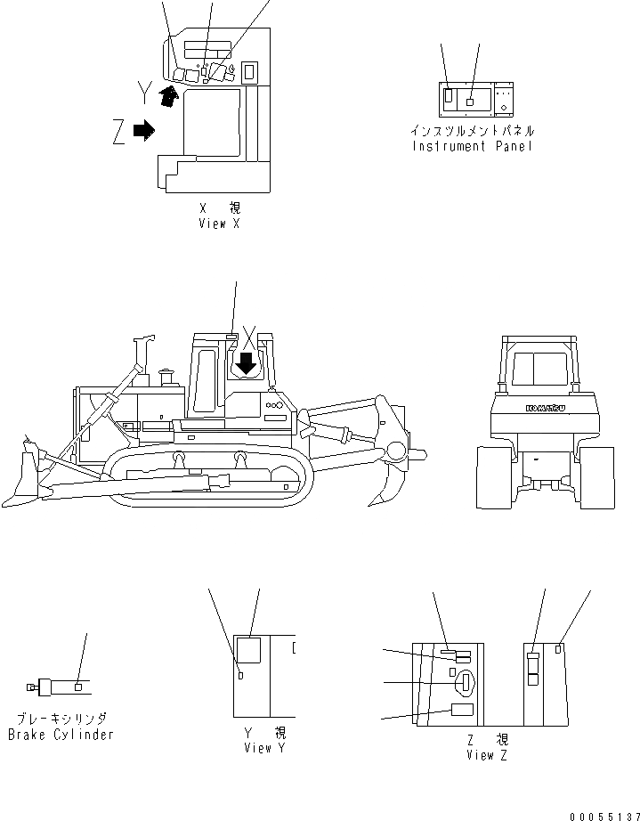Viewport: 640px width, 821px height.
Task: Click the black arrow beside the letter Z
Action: (x=142, y=131)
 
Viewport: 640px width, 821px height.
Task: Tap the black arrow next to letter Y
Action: (x=165, y=96)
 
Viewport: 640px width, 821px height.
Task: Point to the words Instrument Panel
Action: (x=472, y=146)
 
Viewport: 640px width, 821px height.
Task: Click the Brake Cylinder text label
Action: (x=61, y=735)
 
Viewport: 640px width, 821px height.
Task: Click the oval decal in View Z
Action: (x=466, y=683)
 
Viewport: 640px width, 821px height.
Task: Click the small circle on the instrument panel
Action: (x=506, y=109)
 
